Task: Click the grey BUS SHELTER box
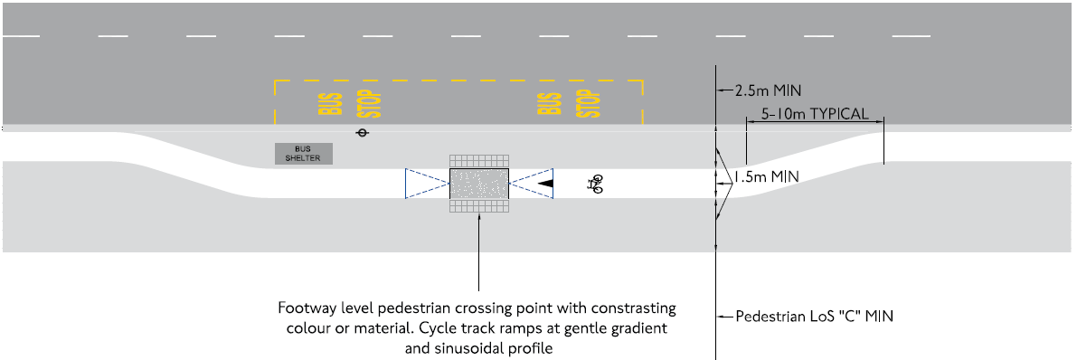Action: [304, 154]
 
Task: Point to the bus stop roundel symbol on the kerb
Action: [363, 133]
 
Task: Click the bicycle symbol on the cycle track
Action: [595, 185]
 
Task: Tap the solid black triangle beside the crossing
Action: [545, 184]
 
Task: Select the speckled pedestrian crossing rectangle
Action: [479, 184]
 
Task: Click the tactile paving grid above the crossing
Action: [479, 161]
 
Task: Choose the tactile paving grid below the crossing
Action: [479, 207]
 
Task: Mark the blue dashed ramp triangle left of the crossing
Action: [427, 184]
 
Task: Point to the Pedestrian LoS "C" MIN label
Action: [815, 317]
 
